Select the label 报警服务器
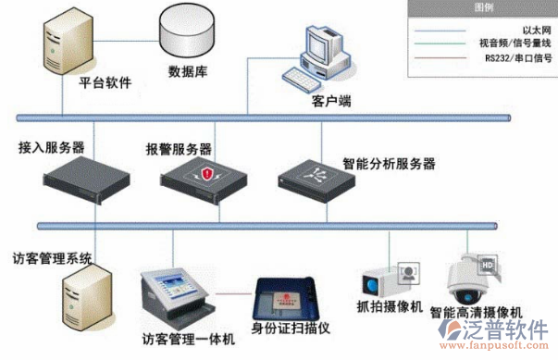pyautogui.click(x=179, y=148)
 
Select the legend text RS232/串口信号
pyautogui.click(x=518, y=57)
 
